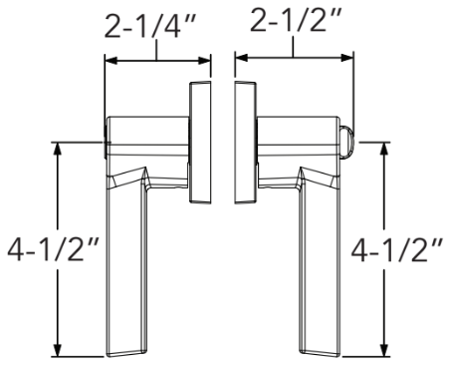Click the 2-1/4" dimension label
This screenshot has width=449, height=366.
[148, 26]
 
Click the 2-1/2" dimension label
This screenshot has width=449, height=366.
[296, 20]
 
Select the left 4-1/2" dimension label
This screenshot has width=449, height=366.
[53, 249]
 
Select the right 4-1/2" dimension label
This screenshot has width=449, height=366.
[397, 250]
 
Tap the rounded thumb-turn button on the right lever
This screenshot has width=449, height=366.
[347, 142]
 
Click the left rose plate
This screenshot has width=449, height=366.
[200, 142]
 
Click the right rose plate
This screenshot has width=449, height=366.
[245, 142]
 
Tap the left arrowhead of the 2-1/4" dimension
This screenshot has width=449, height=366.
[112, 61]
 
